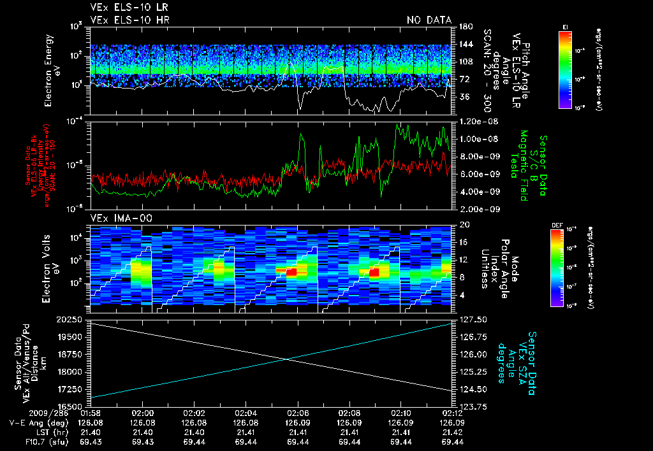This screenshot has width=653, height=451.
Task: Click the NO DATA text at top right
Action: click(x=429, y=20)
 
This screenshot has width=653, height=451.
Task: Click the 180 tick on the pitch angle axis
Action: click(x=461, y=26)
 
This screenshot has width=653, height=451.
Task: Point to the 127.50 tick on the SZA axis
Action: click(x=470, y=319)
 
